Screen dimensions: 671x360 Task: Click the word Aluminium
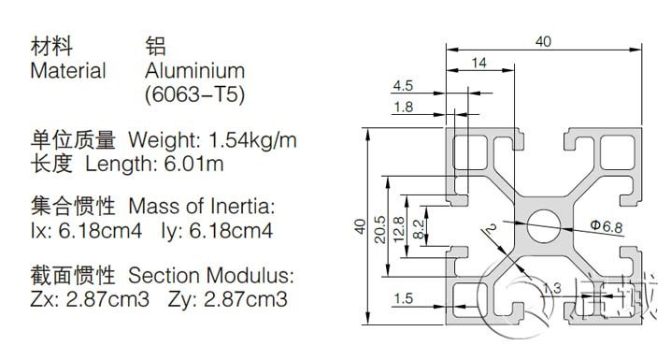[x=194, y=71]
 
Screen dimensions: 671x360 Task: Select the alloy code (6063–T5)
[x=194, y=94]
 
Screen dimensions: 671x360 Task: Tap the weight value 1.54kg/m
[x=252, y=140]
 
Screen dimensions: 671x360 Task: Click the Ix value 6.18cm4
[x=100, y=231]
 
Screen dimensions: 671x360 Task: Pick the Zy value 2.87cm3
[x=245, y=299]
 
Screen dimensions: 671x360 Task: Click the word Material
[x=68, y=71]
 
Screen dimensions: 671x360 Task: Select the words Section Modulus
[x=211, y=275]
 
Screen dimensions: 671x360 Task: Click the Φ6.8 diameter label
[x=607, y=225]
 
